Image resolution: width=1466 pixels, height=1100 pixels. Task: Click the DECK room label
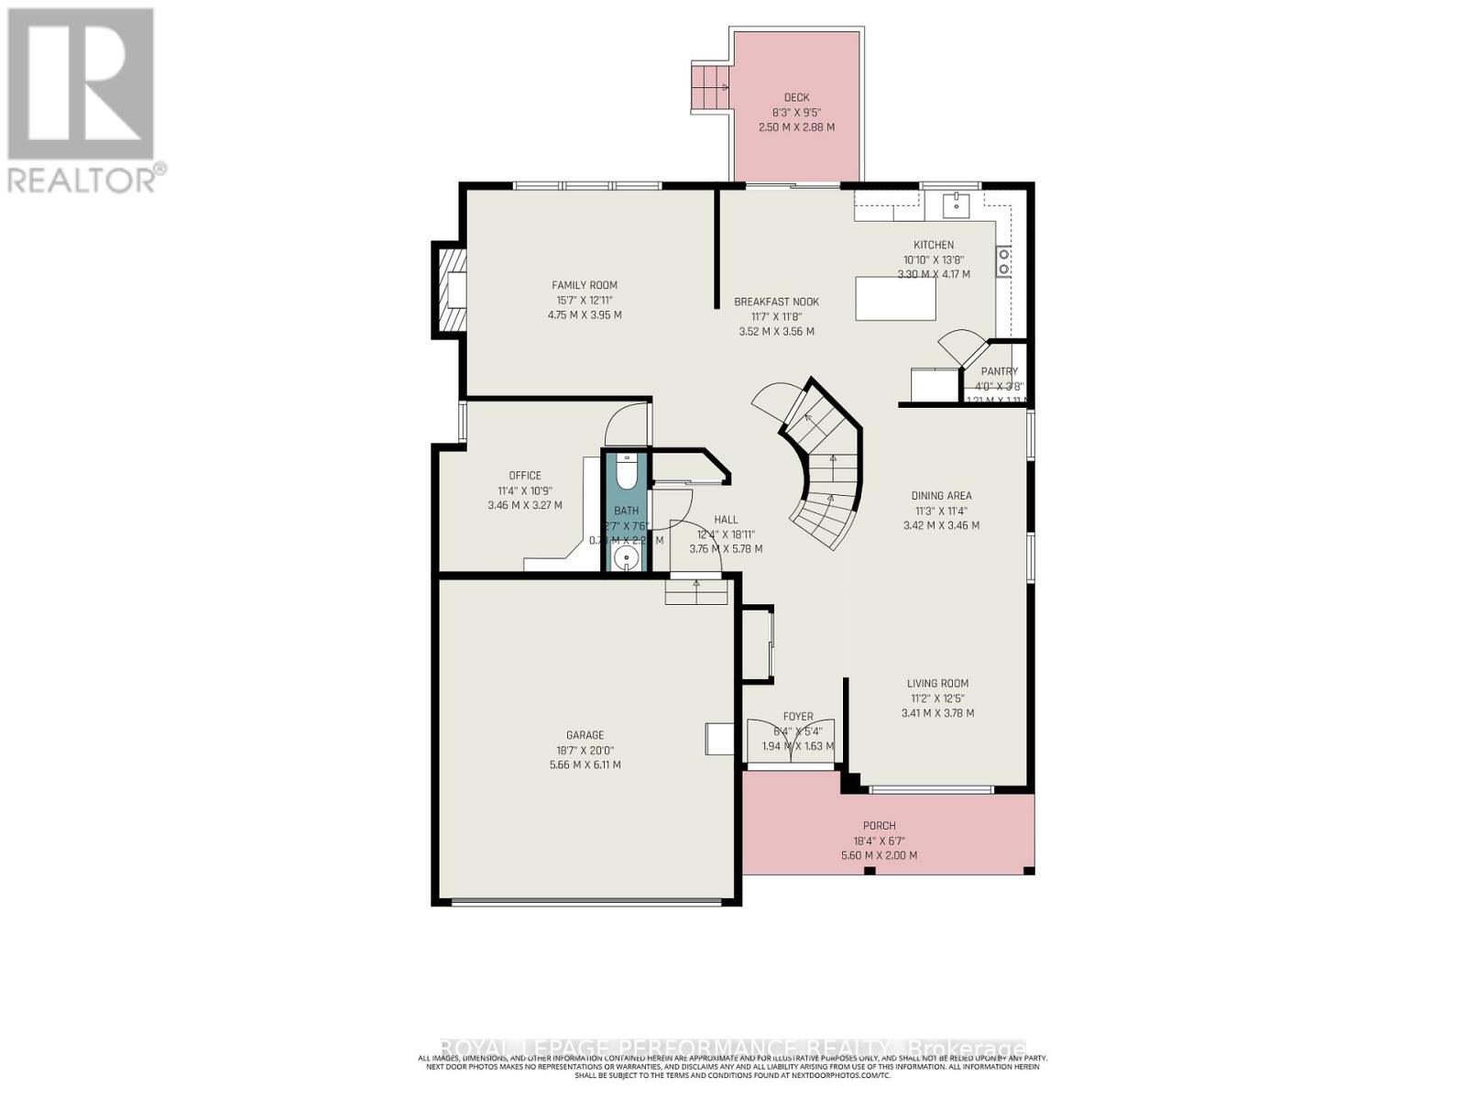point(796,97)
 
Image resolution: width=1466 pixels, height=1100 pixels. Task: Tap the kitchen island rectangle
point(895,299)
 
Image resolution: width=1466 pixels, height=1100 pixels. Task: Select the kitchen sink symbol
point(956,203)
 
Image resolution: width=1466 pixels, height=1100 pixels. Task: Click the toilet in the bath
point(627,471)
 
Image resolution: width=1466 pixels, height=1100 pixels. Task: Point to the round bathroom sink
point(628,557)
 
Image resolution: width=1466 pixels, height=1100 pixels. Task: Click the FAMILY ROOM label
point(584,285)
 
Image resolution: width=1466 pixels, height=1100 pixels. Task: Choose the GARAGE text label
point(585,734)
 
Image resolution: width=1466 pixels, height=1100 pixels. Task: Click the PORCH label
point(879,825)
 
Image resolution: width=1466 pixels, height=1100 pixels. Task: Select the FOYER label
point(797,716)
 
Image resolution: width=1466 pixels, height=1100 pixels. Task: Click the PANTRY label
point(999,371)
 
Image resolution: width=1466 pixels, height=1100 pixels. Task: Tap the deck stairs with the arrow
point(709,88)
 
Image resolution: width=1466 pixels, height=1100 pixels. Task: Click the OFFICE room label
point(525,475)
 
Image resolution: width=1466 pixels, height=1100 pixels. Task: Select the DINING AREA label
point(941,495)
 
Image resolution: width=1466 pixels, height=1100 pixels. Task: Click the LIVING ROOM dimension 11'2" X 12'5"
point(937,698)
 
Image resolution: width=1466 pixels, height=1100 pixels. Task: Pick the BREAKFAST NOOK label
point(776,302)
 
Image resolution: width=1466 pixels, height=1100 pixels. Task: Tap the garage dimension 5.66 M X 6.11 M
point(584,764)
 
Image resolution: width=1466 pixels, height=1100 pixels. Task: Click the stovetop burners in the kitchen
point(1004,261)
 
